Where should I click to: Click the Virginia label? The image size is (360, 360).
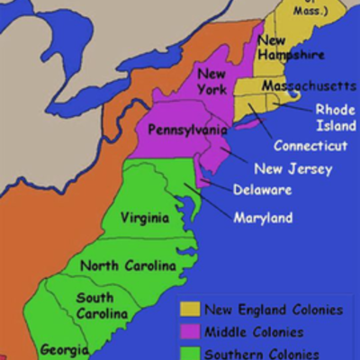[145, 218]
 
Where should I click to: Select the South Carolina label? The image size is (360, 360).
[94, 307]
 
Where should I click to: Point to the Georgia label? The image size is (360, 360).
[64, 349]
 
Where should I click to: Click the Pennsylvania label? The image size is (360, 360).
[186, 130]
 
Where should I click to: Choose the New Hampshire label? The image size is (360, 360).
[290, 48]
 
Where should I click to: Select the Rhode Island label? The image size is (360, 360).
[334, 117]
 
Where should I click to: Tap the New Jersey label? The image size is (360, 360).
[292, 168]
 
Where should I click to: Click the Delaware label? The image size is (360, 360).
[261, 190]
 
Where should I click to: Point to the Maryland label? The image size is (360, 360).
[263, 218]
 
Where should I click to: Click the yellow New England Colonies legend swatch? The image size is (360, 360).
[190, 310]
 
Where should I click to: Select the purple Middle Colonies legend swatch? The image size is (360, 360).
[190, 331]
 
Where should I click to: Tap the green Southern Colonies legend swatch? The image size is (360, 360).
[190, 352]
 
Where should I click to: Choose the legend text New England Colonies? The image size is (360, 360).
[274, 310]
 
